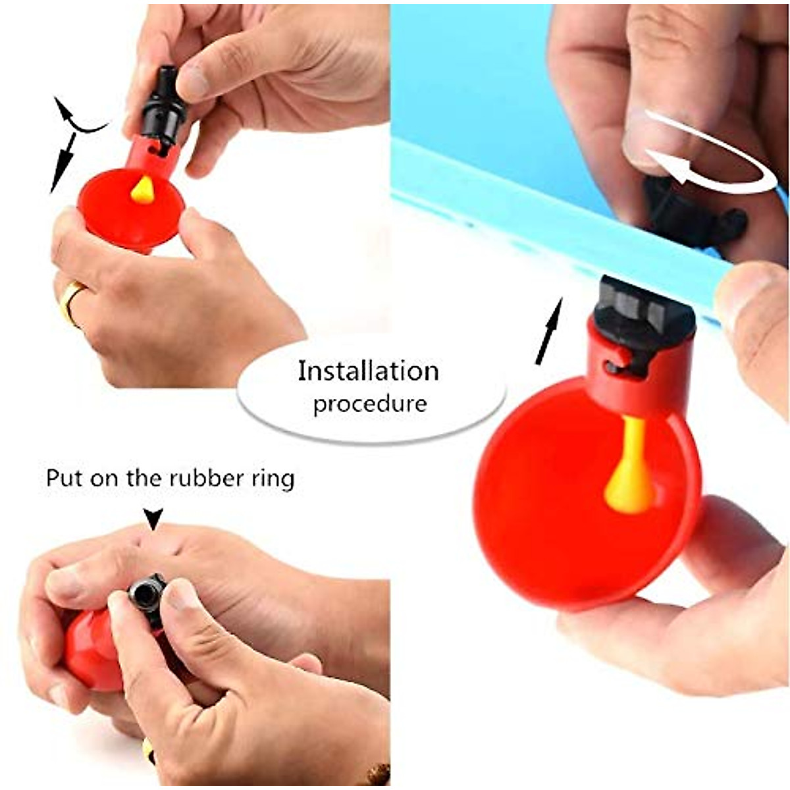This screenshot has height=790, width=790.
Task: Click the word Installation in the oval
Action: click(x=368, y=371)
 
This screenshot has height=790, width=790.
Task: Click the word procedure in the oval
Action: click(x=369, y=403)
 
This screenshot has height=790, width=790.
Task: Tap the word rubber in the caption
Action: click(x=204, y=479)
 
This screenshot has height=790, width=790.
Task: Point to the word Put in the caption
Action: click(x=65, y=479)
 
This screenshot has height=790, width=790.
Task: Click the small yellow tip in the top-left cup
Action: click(x=142, y=190)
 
